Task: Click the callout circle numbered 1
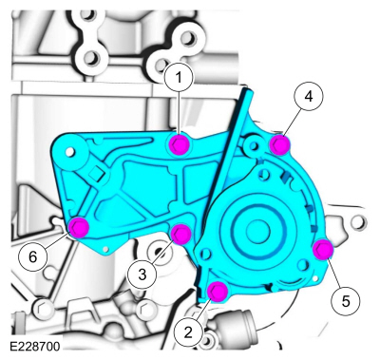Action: (177, 79)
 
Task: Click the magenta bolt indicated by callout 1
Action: (177, 143)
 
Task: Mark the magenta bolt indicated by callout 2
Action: (217, 291)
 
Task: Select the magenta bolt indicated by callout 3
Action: (182, 233)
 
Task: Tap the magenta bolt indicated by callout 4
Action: (279, 144)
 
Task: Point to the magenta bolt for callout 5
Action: (322, 250)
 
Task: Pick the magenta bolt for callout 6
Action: (78, 226)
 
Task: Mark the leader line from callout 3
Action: (162, 252)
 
